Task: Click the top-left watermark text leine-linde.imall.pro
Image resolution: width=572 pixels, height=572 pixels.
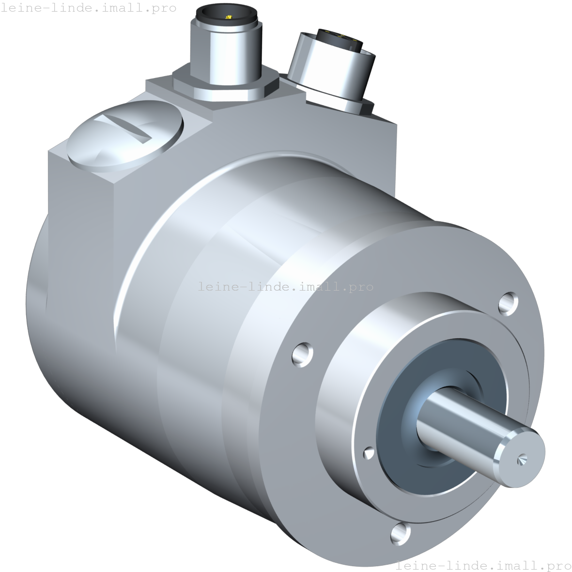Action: pyautogui.click(x=88, y=8)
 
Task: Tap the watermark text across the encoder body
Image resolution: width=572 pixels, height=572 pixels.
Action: pyautogui.click(x=286, y=287)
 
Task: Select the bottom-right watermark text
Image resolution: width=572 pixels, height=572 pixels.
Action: pyautogui.click(x=483, y=565)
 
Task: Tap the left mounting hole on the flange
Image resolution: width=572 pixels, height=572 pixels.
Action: pyautogui.click(x=303, y=354)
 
